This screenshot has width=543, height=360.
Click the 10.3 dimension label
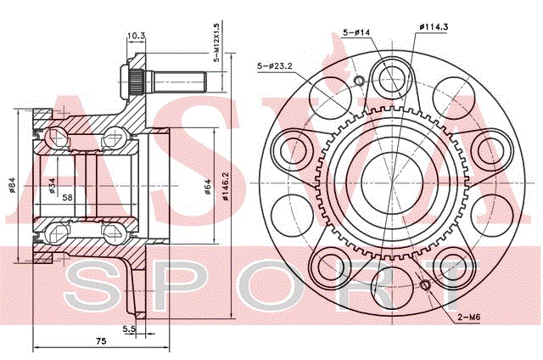tap(136, 36)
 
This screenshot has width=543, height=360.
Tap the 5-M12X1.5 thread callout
tap(217, 42)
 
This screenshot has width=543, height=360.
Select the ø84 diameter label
tap(12, 185)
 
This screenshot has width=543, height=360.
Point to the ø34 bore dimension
tap(52, 185)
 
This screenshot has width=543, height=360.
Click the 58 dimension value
tap(68, 197)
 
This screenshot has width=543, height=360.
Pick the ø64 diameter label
tap(207, 187)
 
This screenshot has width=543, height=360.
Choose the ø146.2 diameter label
tap(226, 185)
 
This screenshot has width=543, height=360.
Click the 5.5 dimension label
tap(129, 329)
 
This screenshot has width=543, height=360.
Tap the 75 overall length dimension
tap(101, 341)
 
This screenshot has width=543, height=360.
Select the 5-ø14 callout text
tap(356, 32)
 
